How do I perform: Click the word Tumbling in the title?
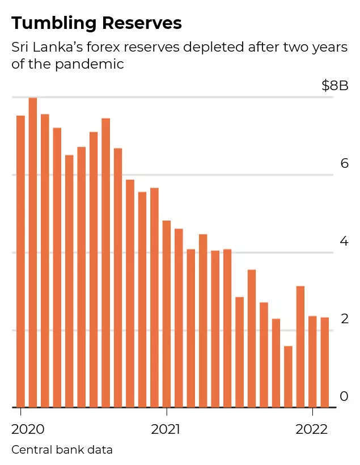click(x=50, y=23)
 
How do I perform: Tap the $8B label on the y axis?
click(x=334, y=86)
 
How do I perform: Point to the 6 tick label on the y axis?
click(x=344, y=164)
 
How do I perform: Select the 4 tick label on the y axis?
click(x=344, y=242)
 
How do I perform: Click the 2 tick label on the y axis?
click(x=344, y=319)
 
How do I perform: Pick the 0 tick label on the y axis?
click(x=344, y=396)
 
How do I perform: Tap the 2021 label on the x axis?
click(x=166, y=429)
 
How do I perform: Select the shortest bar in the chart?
click(x=288, y=377)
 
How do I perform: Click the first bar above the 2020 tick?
click(x=21, y=261)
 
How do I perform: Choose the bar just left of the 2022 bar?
click(x=300, y=346)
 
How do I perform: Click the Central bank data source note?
click(x=62, y=450)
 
